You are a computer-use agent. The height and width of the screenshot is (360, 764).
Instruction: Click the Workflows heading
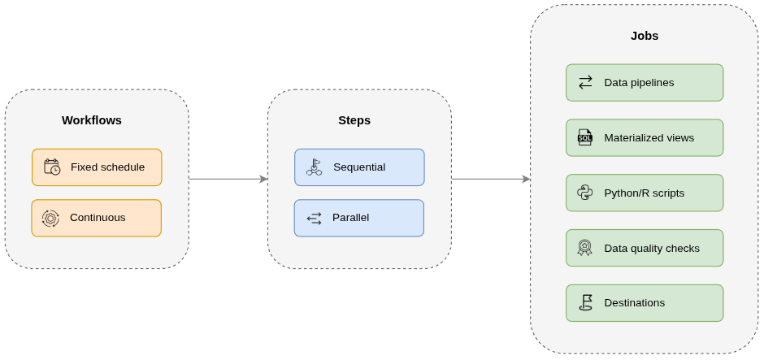[92, 120]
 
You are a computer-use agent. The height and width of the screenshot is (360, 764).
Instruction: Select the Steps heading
[354, 120]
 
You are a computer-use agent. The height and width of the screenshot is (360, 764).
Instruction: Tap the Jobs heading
[645, 36]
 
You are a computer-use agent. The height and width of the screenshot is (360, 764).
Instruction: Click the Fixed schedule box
[97, 167]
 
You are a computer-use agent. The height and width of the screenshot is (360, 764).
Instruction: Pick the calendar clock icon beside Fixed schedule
[52, 167]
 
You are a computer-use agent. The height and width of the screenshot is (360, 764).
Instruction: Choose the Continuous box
[96, 218]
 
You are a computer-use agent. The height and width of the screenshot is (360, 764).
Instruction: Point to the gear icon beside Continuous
[50, 218]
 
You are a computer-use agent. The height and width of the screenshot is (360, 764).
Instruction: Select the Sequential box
[359, 167]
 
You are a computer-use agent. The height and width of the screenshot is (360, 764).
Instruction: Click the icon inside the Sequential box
[314, 167]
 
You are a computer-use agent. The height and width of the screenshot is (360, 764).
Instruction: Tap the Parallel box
[358, 218]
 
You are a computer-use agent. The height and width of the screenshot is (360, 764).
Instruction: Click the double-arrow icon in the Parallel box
[314, 218]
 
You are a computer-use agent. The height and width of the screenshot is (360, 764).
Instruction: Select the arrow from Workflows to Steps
[228, 179]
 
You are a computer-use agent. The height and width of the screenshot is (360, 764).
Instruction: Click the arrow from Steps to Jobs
[490, 179]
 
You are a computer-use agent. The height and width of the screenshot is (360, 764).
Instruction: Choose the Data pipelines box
[645, 83]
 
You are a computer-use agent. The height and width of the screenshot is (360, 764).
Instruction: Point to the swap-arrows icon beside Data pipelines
[585, 83]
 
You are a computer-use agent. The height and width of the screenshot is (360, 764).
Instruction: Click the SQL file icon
[585, 137]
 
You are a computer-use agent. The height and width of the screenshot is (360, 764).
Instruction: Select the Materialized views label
[649, 138]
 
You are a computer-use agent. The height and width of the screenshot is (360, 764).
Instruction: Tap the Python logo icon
[585, 193]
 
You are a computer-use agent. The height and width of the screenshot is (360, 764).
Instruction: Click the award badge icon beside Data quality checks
[584, 248]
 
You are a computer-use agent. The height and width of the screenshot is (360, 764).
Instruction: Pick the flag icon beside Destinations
[585, 302]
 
